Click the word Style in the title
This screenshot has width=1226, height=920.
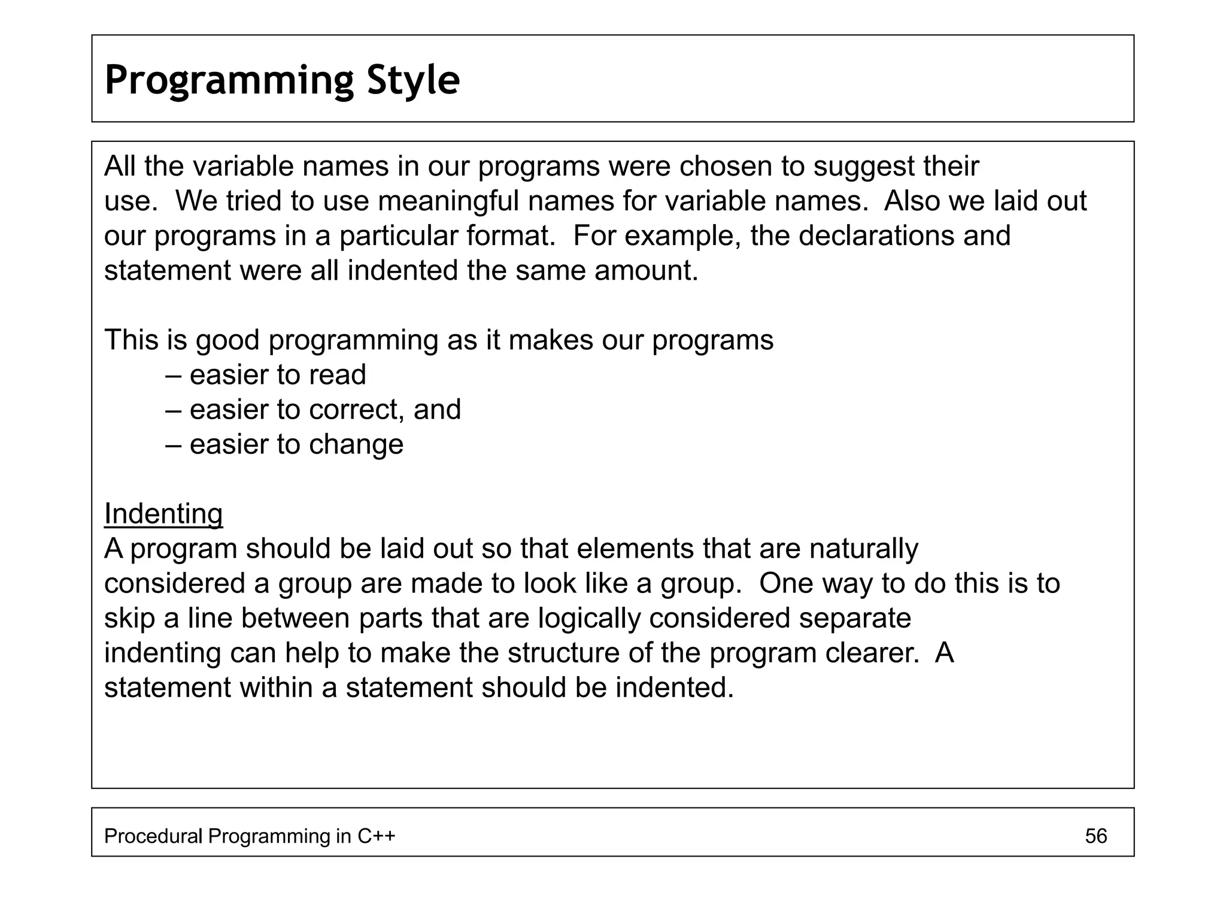click(x=413, y=80)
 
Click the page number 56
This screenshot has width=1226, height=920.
click(x=1095, y=836)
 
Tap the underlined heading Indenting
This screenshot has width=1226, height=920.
click(x=163, y=514)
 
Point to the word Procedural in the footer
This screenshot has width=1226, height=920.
click(x=153, y=836)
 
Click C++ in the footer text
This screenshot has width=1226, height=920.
click(x=377, y=836)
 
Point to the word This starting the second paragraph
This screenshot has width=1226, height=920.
click(x=131, y=340)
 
